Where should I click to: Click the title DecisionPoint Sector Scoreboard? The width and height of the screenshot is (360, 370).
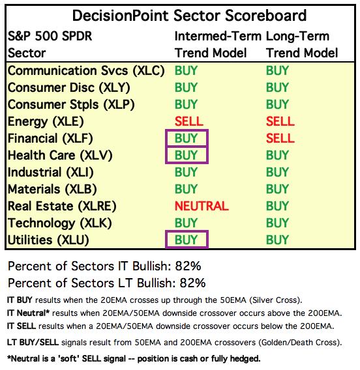[189, 16]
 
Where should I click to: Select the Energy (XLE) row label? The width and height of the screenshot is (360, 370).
[46, 122]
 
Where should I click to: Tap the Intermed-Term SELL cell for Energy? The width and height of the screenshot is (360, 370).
[188, 121]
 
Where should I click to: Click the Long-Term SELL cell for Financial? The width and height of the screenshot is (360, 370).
[280, 138]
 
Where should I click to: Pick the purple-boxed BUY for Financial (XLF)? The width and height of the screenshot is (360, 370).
[186, 138]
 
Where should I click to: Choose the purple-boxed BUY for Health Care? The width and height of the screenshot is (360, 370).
[186, 155]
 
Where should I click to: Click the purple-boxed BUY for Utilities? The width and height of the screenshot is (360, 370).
[186, 240]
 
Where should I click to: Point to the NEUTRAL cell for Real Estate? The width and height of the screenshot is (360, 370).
[202, 206]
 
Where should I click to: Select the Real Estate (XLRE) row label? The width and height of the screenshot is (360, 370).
[62, 206]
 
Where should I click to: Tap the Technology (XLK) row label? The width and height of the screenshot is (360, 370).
[59, 223]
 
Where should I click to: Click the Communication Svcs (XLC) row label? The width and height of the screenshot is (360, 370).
[86, 71]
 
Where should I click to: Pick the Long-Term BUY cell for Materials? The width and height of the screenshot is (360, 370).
[277, 189]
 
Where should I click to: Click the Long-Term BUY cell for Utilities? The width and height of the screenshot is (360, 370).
[277, 240]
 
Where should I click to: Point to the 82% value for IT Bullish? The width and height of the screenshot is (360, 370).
[188, 266]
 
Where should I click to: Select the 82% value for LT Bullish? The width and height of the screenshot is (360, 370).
[192, 283]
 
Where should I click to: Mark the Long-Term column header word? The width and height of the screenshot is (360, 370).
[297, 36]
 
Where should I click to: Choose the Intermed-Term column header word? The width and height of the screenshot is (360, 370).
[218, 36]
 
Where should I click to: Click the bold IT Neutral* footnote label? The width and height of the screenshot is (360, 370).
[28, 313]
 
